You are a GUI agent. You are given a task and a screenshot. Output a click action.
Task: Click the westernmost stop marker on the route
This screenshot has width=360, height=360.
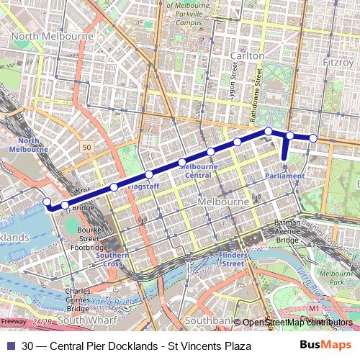(x=47, y=202)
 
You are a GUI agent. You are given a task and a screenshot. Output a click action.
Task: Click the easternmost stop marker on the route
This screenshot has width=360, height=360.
(x=313, y=138)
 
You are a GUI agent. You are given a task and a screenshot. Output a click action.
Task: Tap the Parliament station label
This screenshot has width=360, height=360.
(x=284, y=176)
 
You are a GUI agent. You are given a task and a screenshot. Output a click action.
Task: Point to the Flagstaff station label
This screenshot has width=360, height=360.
(x=143, y=186)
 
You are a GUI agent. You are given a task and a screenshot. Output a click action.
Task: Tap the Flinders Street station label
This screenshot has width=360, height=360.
(x=232, y=259)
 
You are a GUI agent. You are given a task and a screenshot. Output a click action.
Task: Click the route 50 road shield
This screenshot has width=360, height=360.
(x=87, y=147)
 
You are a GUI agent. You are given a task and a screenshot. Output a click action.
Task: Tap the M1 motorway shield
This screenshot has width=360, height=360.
(x=313, y=308)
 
